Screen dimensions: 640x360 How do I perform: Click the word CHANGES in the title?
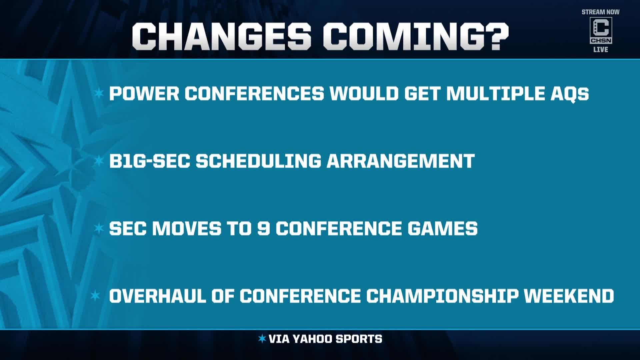coord(222,37)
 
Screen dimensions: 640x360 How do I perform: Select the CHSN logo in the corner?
coord(601,31)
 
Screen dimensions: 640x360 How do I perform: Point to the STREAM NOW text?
coord(601,12)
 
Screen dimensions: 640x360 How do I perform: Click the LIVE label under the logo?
coord(601,50)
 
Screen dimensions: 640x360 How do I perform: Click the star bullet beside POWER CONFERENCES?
coord(99,94)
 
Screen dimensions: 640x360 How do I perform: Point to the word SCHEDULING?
coord(258,161)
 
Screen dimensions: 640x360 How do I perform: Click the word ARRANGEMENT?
coord(400,161)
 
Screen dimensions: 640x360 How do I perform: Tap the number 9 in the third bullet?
coord(263,229)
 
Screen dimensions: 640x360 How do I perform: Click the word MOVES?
coord(187,229)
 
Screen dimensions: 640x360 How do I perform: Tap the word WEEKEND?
coord(569,296)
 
